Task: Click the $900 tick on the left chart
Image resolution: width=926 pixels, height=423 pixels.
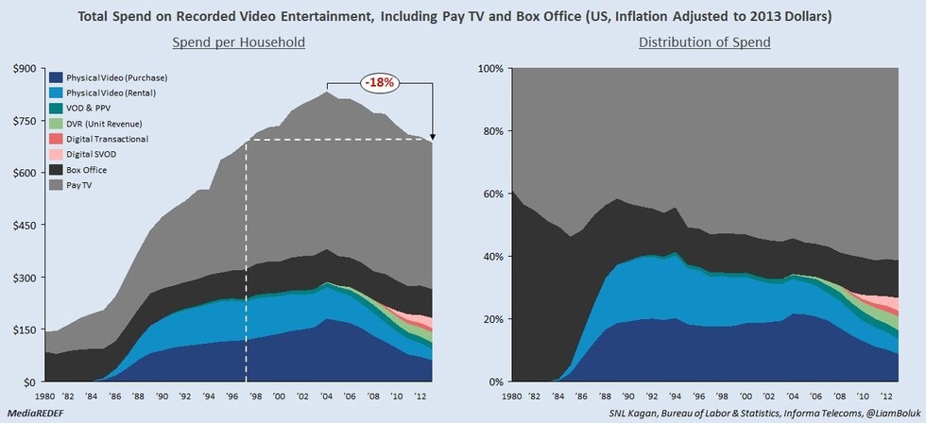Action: tap(23, 68)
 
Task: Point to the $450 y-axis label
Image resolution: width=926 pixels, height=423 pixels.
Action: tap(23, 225)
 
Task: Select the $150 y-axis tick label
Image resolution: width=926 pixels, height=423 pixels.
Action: tap(23, 330)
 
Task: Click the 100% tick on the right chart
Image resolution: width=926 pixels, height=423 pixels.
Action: tap(490, 68)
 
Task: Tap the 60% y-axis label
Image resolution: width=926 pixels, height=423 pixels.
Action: tap(493, 194)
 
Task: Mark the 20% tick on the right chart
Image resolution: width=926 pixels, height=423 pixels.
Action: tap(493, 319)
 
